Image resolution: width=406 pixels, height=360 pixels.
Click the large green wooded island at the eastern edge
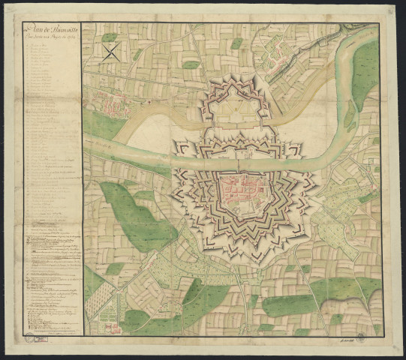pyautogui.click(x=365, y=75)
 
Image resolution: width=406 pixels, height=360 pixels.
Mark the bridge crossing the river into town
pyautogui.click(x=239, y=160)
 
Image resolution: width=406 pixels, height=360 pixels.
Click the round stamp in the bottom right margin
pyautogui.click(x=359, y=339)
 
